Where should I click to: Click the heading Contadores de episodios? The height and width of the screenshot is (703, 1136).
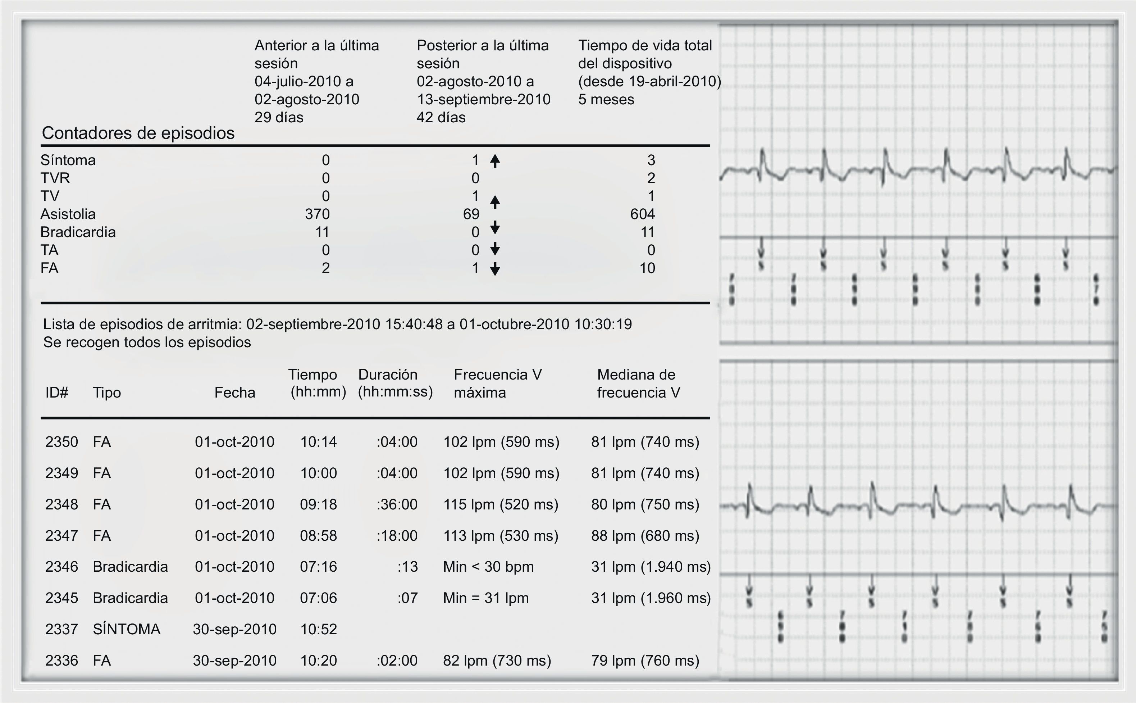pos(138,133)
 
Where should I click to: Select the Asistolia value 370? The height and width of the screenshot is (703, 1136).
pos(317,214)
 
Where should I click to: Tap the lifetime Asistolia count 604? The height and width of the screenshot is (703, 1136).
pos(643,214)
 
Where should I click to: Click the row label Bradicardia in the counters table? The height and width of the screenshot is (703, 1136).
pos(78,232)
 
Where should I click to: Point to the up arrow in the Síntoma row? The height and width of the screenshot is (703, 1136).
pos(495,161)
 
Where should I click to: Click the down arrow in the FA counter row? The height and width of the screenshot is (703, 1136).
pos(495,269)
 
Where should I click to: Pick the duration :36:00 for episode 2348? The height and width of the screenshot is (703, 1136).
pos(397,504)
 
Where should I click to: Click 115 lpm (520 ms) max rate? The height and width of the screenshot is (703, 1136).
pos(501,504)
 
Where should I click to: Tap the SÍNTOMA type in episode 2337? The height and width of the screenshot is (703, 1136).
pos(126,629)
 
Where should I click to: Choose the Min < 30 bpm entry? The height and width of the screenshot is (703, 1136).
pos(488,566)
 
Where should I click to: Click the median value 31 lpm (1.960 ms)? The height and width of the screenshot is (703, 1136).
pos(651,598)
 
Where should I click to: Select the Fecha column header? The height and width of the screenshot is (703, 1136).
pos(234,393)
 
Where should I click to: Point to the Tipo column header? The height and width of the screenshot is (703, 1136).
pos(107,393)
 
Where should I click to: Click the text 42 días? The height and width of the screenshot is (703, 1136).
pos(441,117)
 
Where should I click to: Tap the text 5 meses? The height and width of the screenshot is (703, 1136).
pos(606,99)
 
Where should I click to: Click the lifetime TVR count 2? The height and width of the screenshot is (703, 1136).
pos(651,178)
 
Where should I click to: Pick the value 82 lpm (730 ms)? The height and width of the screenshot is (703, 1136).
pos(497,660)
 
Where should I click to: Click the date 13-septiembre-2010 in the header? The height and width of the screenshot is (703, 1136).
pos(483,99)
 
